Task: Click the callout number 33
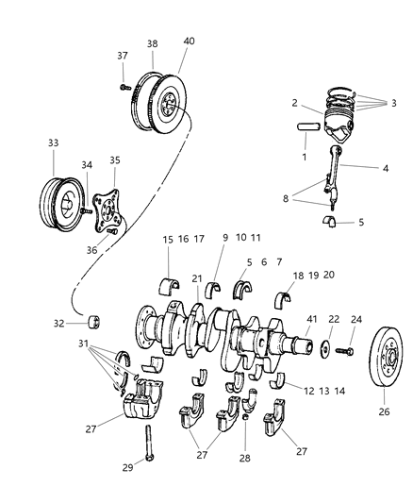pyautogui.click(x=52, y=143)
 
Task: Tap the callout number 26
pyautogui.click(x=383, y=411)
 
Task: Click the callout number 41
pyautogui.click(x=312, y=320)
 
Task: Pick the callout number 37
pyautogui.click(x=122, y=55)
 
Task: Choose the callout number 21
pyautogui.click(x=197, y=279)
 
